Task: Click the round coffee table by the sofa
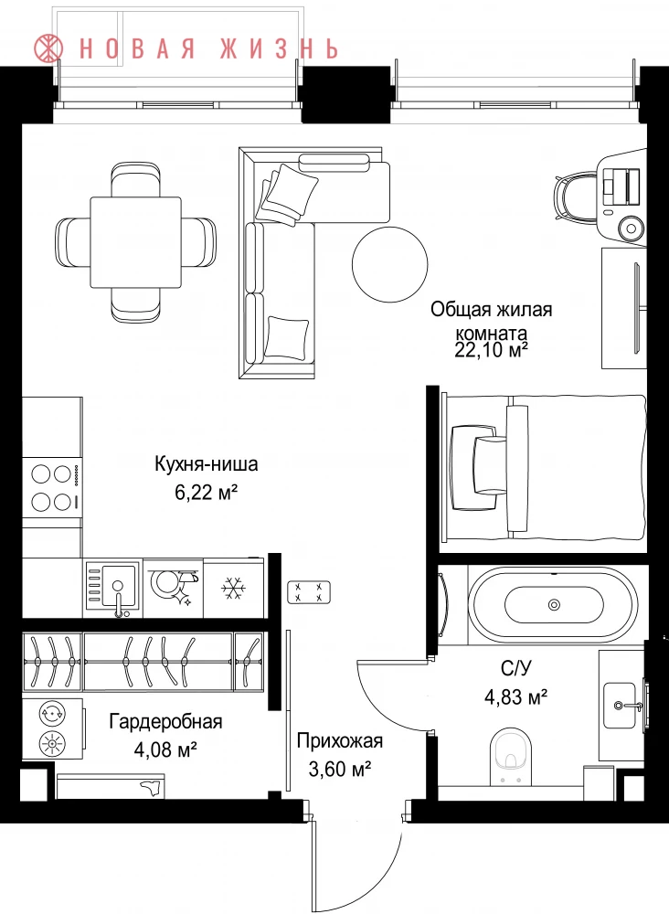pyautogui.click(x=390, y=264)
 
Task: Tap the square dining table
pyautogui.click(x=135, y=242)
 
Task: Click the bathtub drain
pyautogui.click(x=554, y=605)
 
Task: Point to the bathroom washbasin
pyautogui.click(x=620, y=706)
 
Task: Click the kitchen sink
pyautogui.click(x=111, y=587)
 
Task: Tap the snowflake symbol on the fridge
pyautogui.click(x=233, y=589)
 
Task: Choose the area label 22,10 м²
pyautogui.click(x=492, y=350)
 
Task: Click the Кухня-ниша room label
pyautogui.click(x=207, y=464)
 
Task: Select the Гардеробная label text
pyautogui.click(x=166, y=722)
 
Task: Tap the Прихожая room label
pyautogui.click(x=340, y=741)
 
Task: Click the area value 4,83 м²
pyautogui.click(x=516, y=696)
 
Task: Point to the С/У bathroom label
pyautogui.click(x=516, y=669)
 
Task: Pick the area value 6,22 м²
pyautogui.click(x=207, y=494)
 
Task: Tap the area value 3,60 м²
pyautogui.click(x=340, y=770)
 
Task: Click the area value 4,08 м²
pyautogui.click(x=165, y=749)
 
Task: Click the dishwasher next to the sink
pyautogui.click(x=173, y=588)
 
